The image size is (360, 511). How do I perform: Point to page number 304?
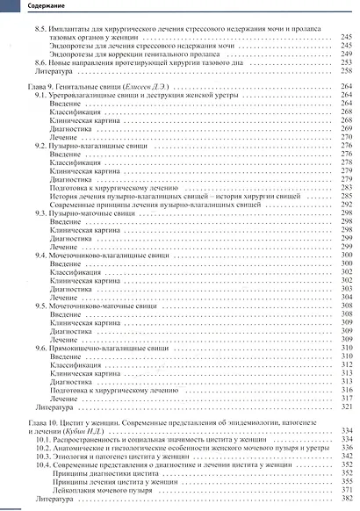click(345, 297)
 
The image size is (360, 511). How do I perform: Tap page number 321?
click(345, 406)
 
